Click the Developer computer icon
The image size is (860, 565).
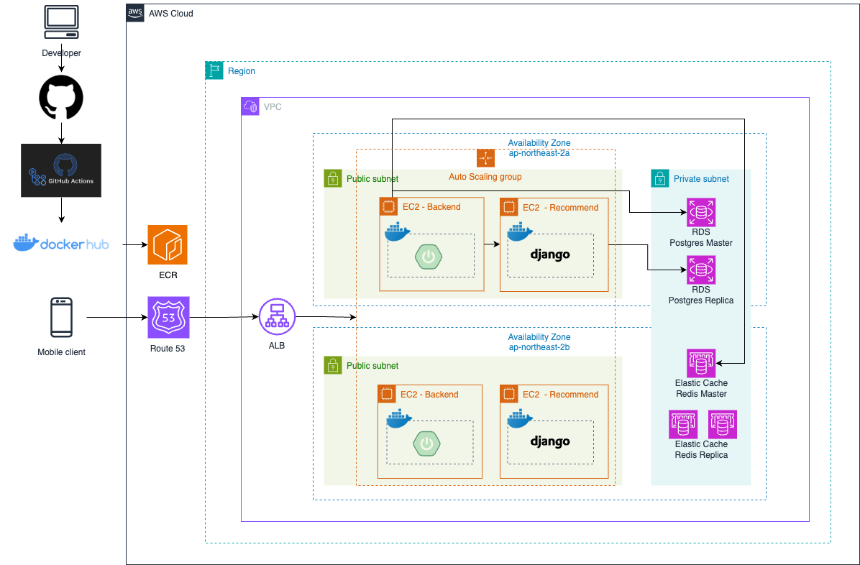pos(61,22)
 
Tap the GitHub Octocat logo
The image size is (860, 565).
pos(61,98)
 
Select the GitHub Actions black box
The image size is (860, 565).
pos(61,170)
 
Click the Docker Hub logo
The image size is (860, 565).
pos(61,243)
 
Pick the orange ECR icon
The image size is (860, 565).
pos(168,244)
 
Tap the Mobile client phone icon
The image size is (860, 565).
pos(61,317)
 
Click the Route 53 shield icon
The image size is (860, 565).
pos(168,318)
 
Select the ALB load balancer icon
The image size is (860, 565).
pos(277,317)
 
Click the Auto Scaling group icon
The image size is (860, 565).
pos(485,158)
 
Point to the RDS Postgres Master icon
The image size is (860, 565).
pos(701,212)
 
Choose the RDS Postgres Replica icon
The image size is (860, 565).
pos(701,270)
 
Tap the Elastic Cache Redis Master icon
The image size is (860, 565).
pos(701,363)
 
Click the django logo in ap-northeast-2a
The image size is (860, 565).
pos(550,254)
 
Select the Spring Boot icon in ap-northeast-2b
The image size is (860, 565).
pos(426,444)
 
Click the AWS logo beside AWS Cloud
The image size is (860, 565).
pos(135,13)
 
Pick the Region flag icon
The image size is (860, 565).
pos(214,70)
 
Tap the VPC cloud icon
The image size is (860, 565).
pos(250,106)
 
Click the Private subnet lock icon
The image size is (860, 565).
pos(660,178)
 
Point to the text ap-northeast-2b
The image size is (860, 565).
pos(539,347)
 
